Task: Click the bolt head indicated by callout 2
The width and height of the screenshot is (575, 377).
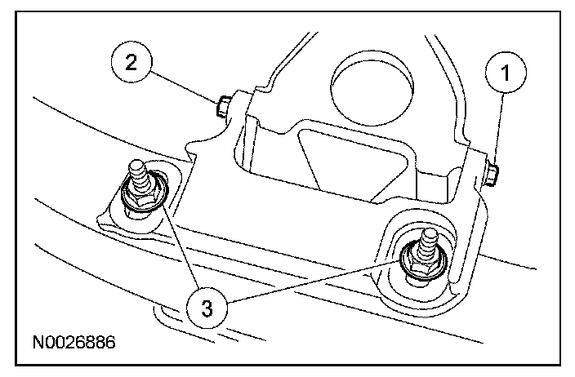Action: click(x=224, y=106)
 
